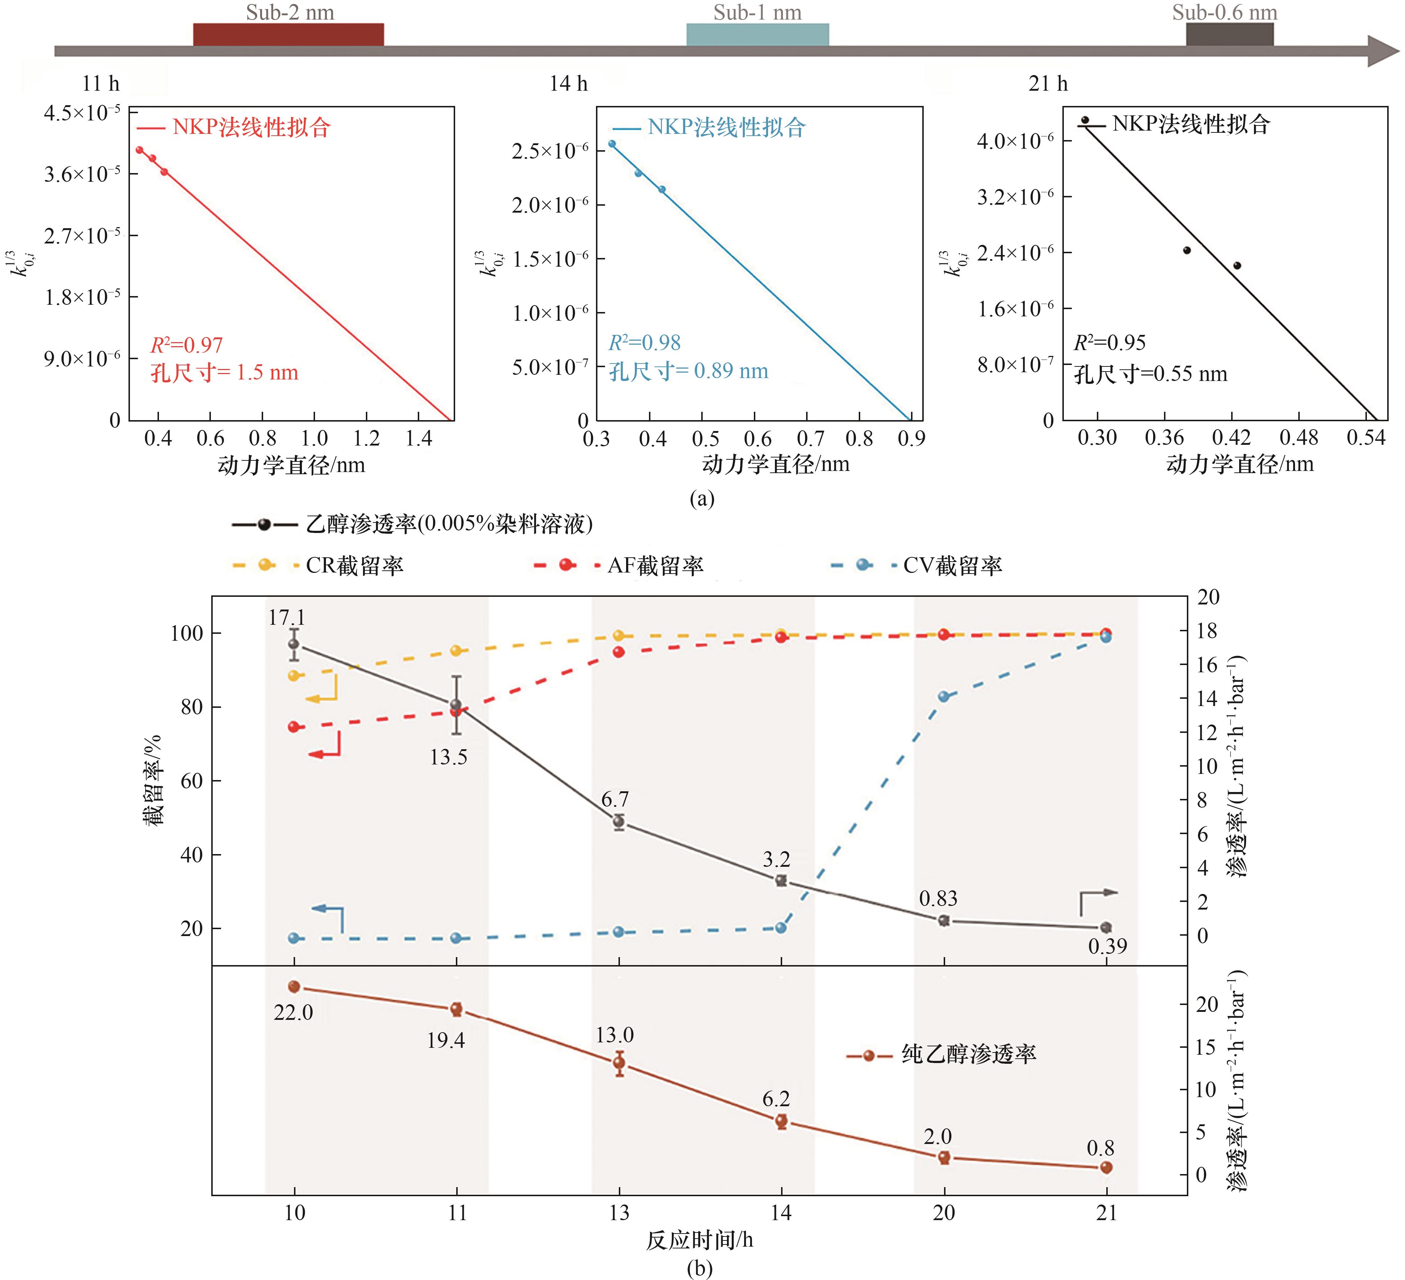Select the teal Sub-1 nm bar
(757, 34)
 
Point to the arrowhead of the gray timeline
(1383, 51)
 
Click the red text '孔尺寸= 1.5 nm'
(224, 373)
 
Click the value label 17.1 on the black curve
(286, 618)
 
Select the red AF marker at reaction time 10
(294, 727)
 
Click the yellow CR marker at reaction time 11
(457, 650)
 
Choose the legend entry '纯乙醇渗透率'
(969, 1054)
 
